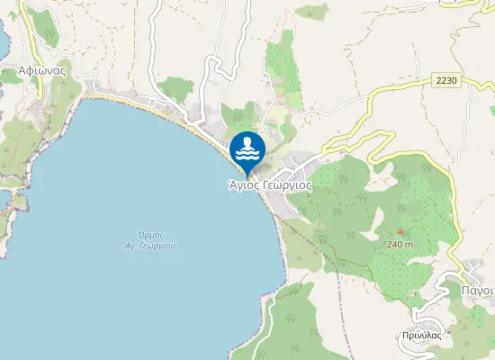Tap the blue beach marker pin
(x=247, y=149)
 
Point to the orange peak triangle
(x=400, y=232)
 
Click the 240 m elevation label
(x=400, y=244)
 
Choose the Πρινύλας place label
(x=421, y=335)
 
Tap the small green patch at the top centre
(x=313, y=12)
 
